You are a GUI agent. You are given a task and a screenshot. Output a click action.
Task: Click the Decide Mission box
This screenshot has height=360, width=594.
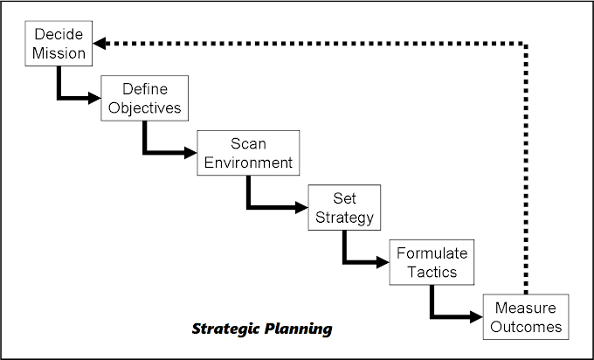pyautogui.click(x=59, y=45)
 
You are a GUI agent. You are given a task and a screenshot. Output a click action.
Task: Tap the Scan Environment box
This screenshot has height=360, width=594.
pyautogui.click(x=248, y=153)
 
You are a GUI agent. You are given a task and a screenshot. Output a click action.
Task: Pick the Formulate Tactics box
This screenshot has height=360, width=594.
pyautogui.click(x=432, y=262)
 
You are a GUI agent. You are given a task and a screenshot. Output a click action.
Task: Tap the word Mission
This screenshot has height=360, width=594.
pyautogui.click(x=59, y=53)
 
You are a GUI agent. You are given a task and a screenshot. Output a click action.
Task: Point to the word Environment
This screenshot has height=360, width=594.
pyautogui.click(x=248, y=163)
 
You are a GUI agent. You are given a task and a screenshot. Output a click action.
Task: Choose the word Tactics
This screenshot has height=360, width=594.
pyautogui.click(x=432, y=272)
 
